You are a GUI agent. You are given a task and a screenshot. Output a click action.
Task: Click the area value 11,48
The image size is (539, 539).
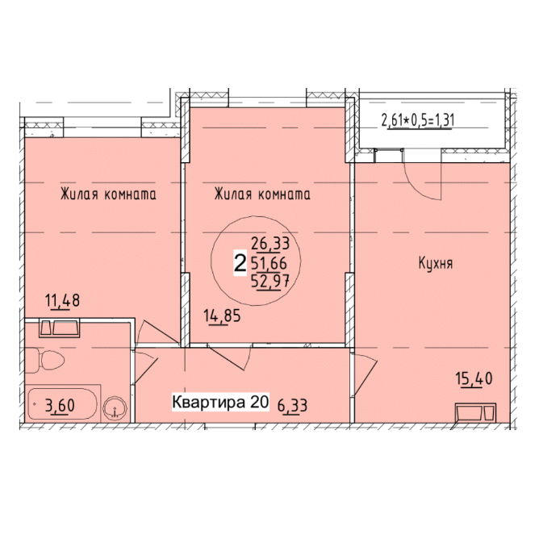coord(63,300)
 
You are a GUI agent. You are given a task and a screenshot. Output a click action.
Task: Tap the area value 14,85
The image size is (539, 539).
coord(222,315)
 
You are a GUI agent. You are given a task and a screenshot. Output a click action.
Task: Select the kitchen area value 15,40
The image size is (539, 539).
coord(474,378)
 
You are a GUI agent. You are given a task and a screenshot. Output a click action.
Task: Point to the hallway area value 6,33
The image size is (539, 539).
coord(292,406)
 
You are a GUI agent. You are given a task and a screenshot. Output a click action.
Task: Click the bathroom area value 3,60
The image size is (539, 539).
coord(60,406)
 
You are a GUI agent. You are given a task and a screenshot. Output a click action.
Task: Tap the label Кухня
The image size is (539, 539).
coord(436,264)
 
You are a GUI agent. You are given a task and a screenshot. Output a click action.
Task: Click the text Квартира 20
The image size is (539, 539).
coord(220,402)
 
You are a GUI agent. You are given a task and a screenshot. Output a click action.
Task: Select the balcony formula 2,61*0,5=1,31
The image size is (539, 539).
coord(418,121)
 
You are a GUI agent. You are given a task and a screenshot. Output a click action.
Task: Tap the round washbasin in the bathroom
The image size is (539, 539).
coord(115,408)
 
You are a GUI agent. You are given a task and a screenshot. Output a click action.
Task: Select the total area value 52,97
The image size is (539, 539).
coord(269,282)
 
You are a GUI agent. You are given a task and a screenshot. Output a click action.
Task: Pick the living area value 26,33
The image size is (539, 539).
coord(270,244)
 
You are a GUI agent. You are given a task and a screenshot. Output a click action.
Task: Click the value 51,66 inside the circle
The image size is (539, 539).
coord(269,263)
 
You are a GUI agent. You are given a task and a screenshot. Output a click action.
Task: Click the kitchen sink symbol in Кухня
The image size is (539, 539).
coord(475,412)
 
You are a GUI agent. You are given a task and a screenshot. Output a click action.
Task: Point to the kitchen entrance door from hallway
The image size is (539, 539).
coord(365,375)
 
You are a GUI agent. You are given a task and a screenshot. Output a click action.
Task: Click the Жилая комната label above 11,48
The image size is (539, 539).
coord(108,194)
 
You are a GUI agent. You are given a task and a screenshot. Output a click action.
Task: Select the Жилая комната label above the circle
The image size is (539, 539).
coord(262,194)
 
